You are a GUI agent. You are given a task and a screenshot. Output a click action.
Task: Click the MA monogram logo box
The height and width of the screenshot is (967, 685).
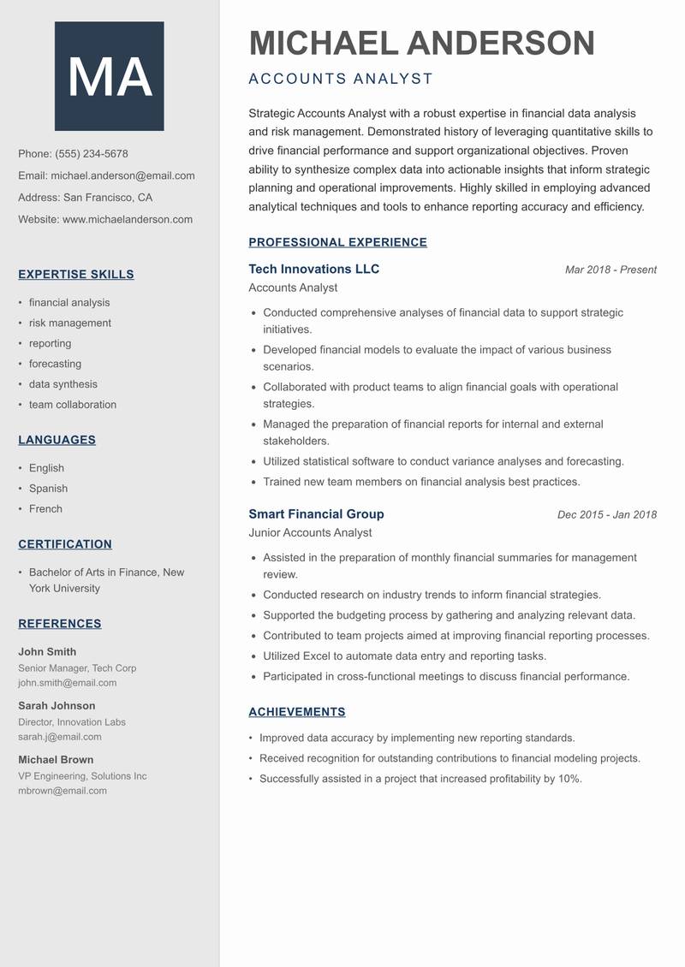coord(109,76)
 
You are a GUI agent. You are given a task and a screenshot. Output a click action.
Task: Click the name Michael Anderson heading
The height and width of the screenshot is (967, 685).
coord(421,43)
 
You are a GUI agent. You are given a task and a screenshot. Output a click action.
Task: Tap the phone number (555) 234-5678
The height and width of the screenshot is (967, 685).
coord(92,154)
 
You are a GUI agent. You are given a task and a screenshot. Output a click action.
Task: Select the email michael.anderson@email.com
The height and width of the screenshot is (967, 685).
coord(122,175)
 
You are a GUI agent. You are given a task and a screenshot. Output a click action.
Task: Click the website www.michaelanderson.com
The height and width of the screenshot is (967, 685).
coord(128,219)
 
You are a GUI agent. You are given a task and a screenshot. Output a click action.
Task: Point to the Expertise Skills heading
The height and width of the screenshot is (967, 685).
coord(76,275)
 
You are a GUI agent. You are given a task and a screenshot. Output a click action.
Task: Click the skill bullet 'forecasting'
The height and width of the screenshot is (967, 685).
coord(55,364)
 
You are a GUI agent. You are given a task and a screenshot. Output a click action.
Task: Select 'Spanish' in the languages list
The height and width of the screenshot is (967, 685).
coord(48,489)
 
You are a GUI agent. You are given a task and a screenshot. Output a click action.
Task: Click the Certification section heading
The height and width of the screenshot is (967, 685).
coord(65,544)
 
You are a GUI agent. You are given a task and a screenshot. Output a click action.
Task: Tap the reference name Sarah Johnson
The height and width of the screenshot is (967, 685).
coord(57,706)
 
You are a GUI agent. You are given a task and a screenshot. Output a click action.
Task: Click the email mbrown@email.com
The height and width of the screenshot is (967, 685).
coord(63,791)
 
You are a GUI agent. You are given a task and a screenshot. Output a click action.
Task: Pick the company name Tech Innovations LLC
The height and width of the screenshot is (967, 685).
coord(313,269)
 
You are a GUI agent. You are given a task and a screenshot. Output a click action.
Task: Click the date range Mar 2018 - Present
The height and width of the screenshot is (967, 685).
coord(611,270)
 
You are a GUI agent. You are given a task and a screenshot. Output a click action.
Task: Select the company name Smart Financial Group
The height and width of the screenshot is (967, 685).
coord(316,514)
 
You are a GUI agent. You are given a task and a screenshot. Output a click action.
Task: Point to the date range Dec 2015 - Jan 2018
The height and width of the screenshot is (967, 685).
coord(606,515)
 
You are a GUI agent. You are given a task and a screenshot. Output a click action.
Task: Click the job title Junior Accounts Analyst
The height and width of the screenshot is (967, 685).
coord(310,533)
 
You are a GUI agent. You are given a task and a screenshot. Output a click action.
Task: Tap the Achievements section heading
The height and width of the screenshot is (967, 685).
coord(296,712)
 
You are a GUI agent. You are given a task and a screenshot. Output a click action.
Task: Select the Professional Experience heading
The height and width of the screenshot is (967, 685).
coord(337,242)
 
